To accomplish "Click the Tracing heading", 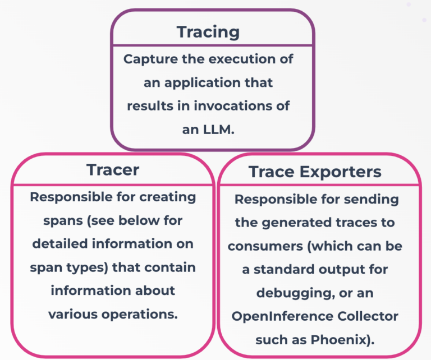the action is tap(208, 33).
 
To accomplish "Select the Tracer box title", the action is tap(113, 170).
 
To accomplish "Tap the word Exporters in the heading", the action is tap(340, 172).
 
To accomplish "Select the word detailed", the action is tap(60, 244).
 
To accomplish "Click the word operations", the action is tap(139, 315).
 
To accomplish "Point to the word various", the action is tap(73, 315).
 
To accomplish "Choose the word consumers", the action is tap(265, 247).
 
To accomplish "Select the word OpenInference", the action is tap(282, 317).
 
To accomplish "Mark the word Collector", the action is tap(368, 316).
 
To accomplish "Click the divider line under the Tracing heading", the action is tap(213, 45).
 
